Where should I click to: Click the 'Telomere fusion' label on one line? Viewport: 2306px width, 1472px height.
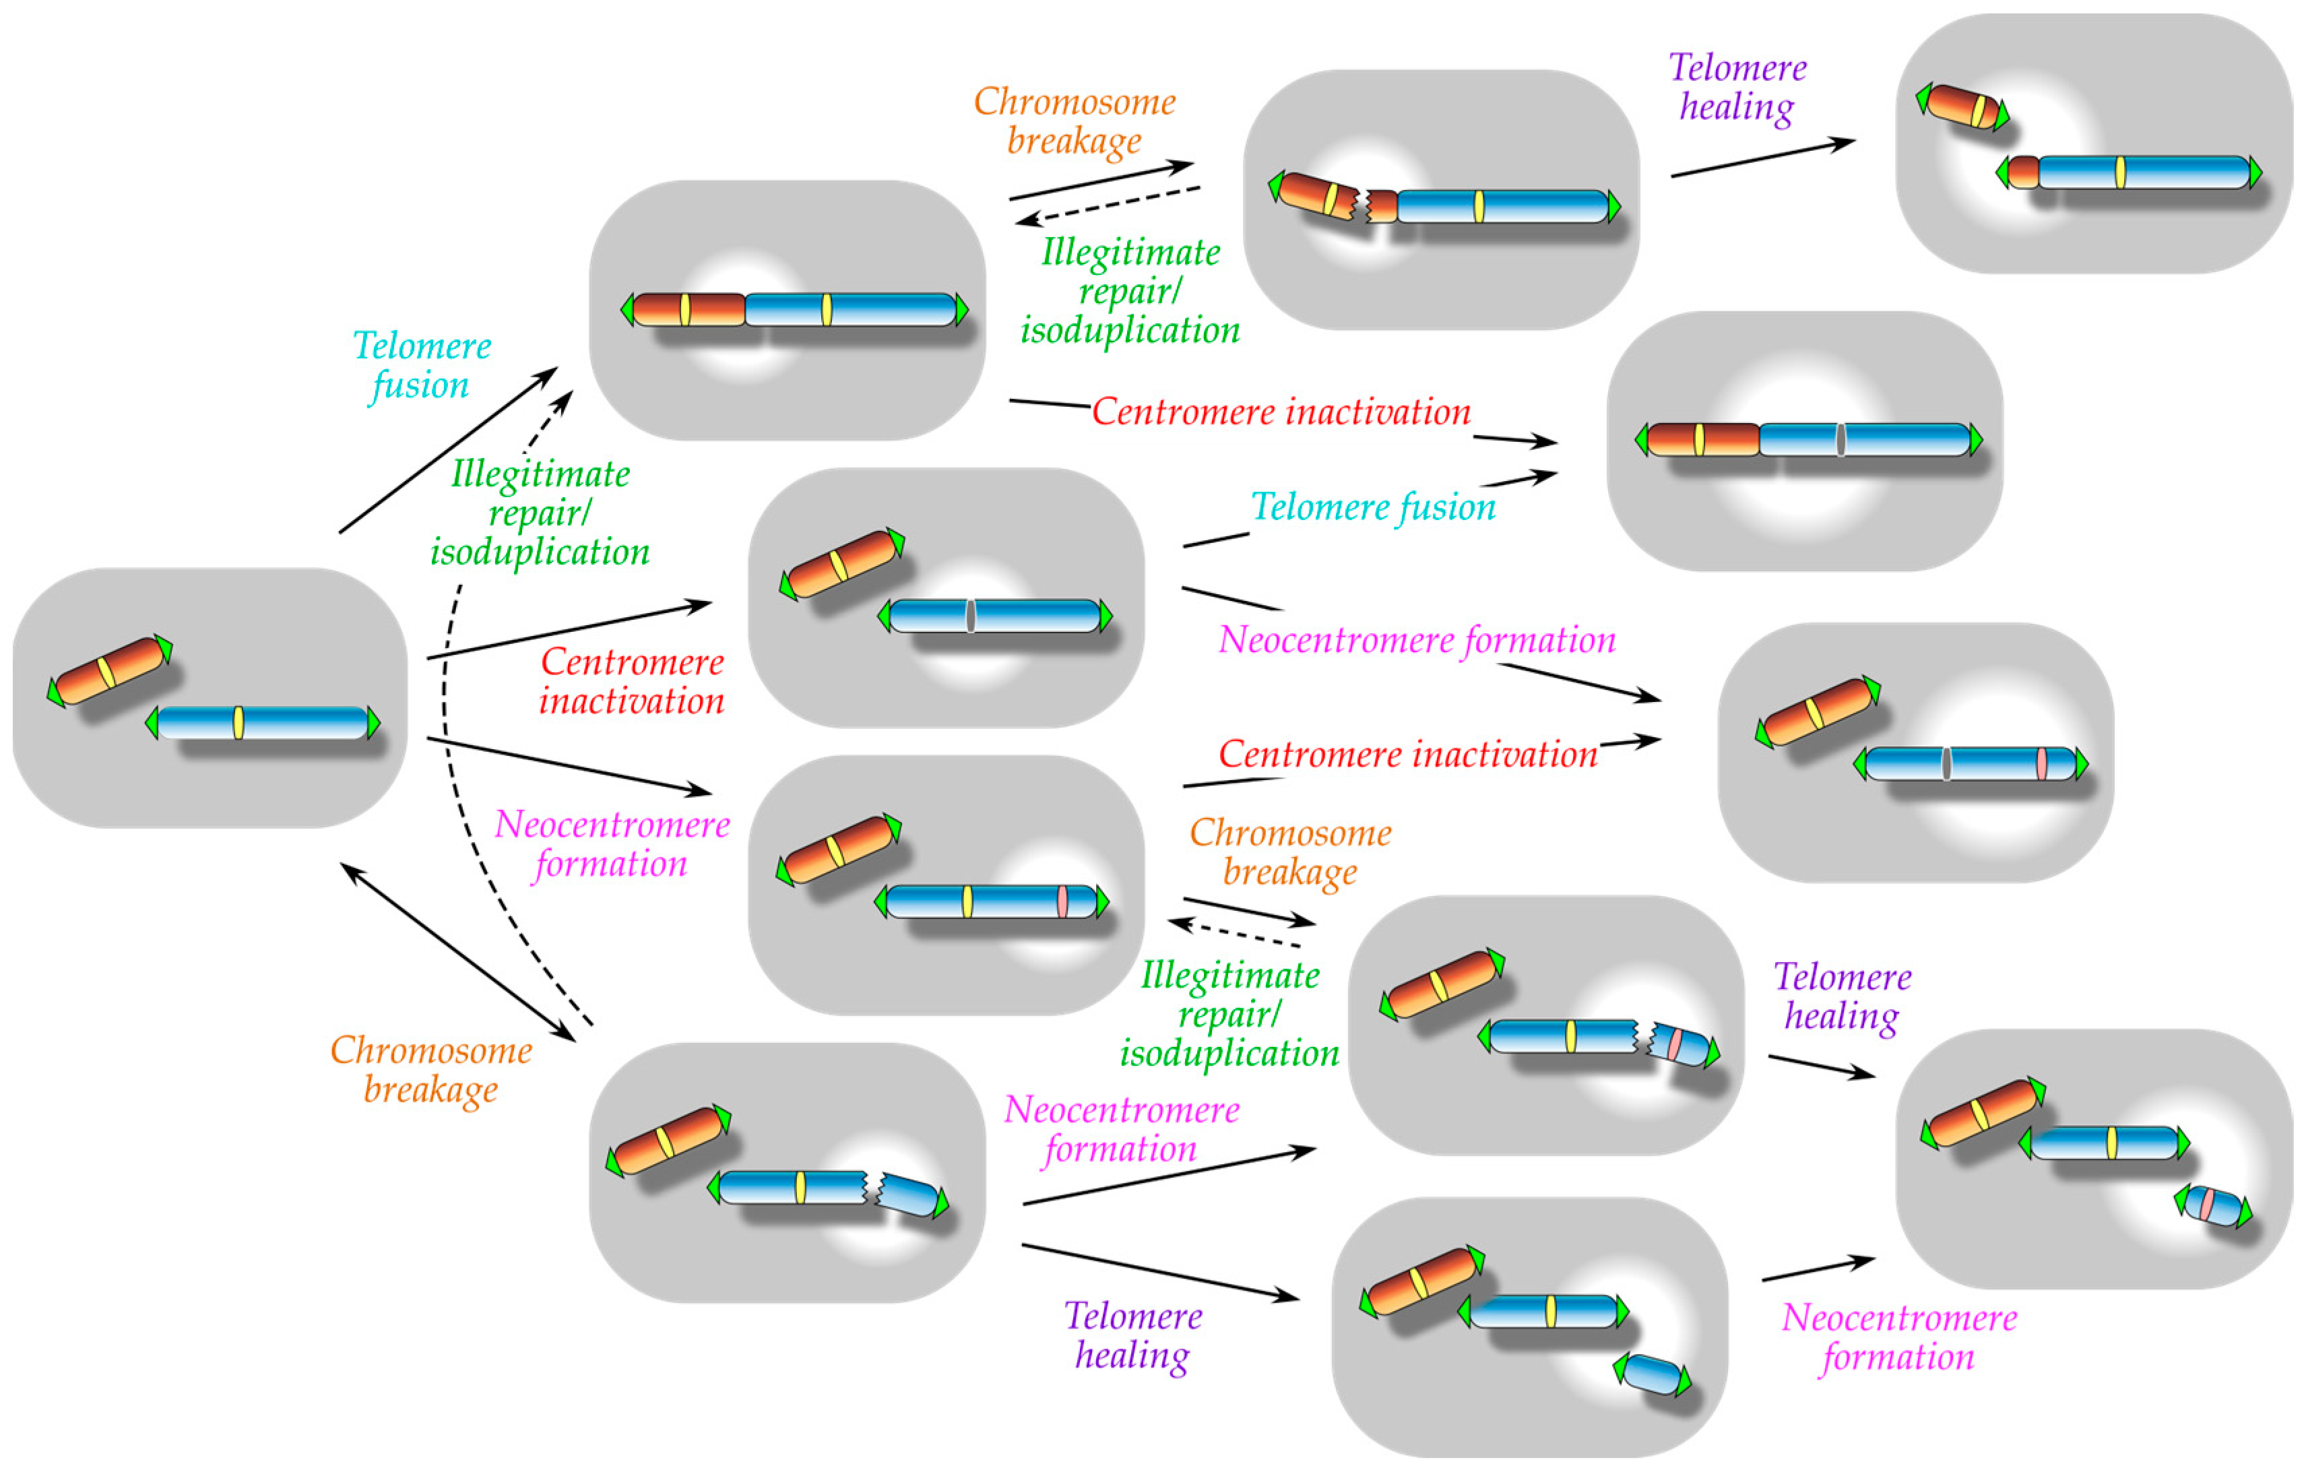tap(1372, 507)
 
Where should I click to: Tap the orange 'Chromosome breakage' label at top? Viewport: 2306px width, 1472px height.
tap(1075, 121)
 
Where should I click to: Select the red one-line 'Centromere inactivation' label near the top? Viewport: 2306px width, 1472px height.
tap(1281, 412)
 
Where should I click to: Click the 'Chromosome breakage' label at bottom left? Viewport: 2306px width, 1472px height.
tap(431, 1069)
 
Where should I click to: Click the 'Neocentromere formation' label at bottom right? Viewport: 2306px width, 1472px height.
tap(1899, 1337)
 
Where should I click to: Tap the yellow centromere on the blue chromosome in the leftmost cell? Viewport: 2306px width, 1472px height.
tap(238, 722)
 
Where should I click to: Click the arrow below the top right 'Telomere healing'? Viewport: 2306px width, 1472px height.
tap(1762, 159)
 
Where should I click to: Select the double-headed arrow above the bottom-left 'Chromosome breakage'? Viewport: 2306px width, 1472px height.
tap(457, 952)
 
